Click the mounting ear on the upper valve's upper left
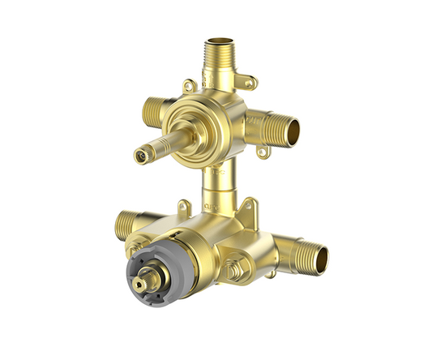click(x=188, y=84)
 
